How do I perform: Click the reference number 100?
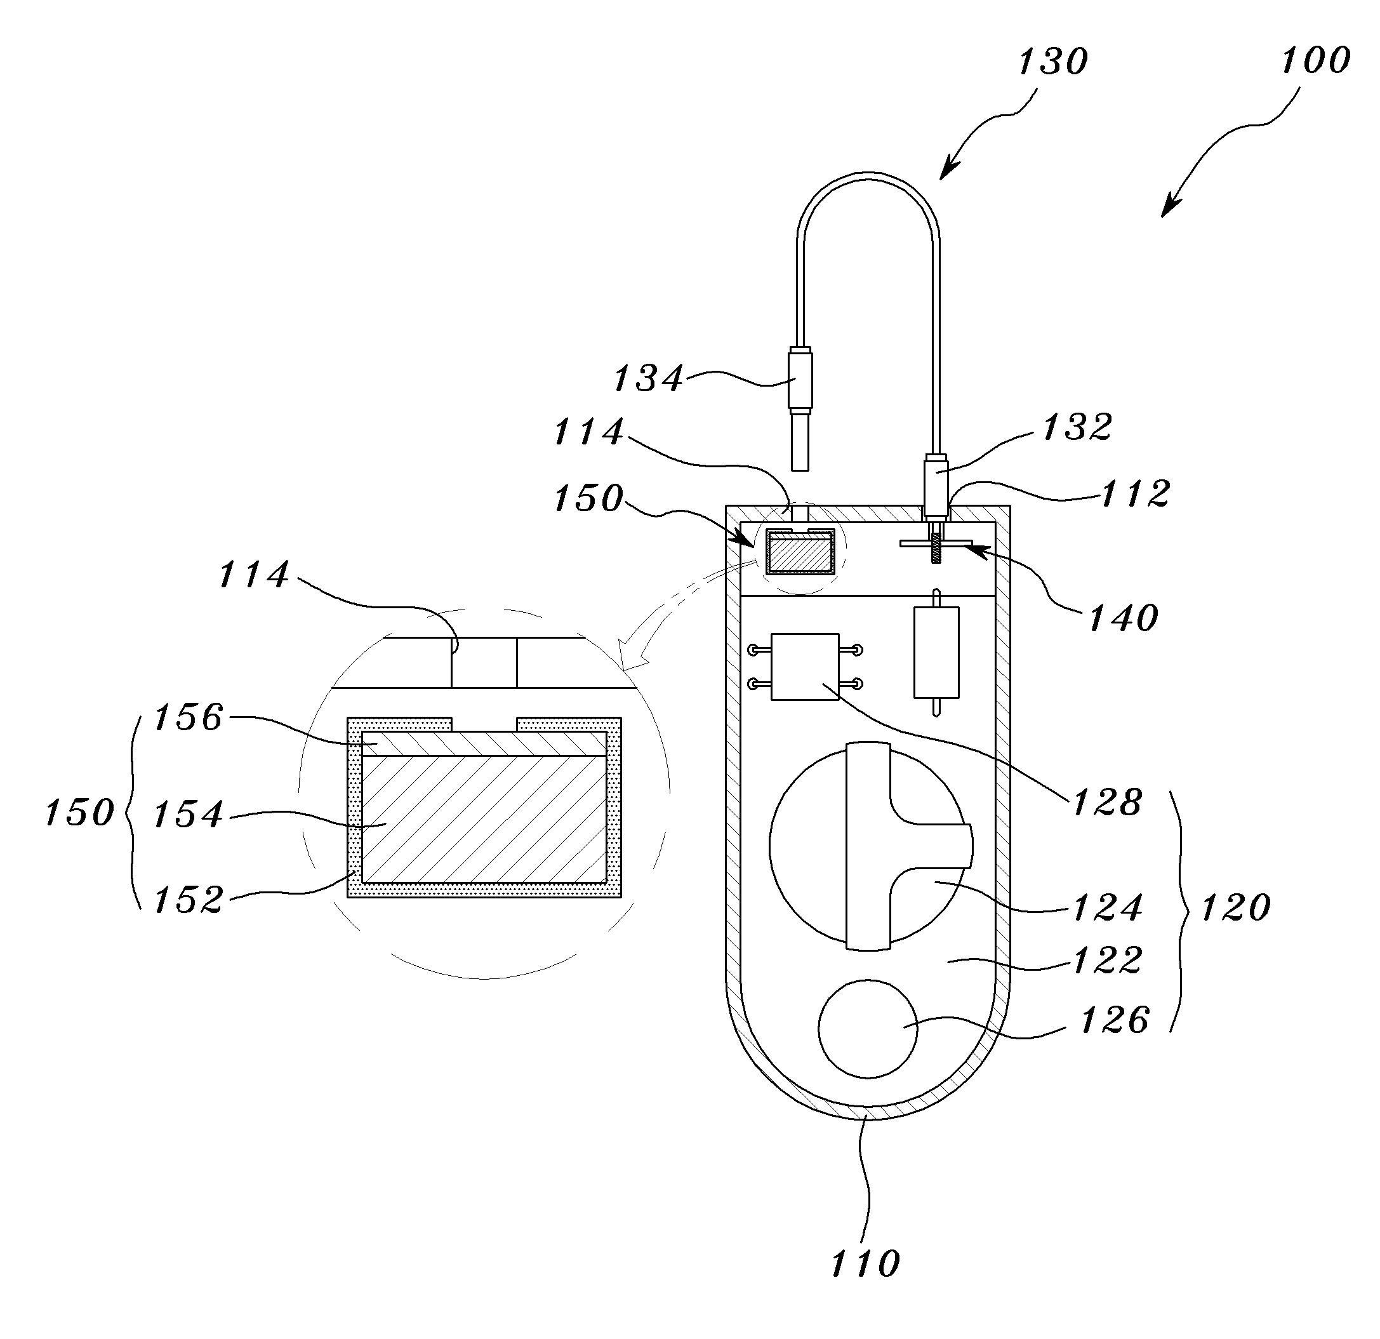(x=1315, y=62)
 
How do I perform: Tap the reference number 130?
(x=1052, y=63)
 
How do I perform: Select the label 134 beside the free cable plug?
(x=647, y=378)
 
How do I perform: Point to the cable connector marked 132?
(x=936, y=486)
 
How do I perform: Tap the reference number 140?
(x=1123, y=618)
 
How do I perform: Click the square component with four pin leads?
(x=805, y=667)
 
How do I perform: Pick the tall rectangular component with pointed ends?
(x=936, y=652)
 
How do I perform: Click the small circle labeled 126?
(x=868, y=1029)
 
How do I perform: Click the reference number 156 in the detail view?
(x=187, y=717)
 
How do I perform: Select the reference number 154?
(x=187, y=815)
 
